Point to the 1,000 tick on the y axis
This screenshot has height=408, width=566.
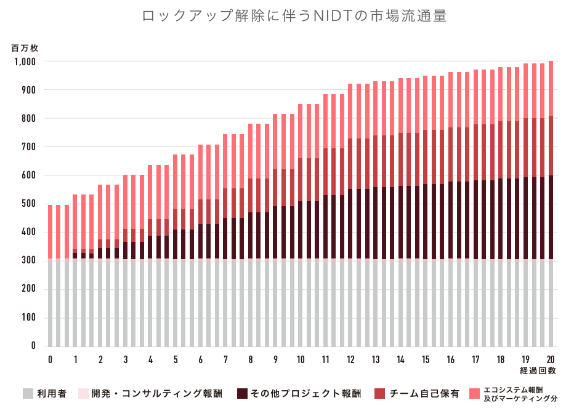[25, 62]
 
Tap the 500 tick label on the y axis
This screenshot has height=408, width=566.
[29, 204]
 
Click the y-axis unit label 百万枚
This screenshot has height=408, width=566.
[25, 47]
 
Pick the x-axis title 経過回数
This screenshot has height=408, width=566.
[539, 370]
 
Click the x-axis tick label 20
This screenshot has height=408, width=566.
[551, 360]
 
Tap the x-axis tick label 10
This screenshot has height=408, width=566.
[300, 360]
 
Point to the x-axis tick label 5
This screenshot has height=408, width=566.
[176, 360]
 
